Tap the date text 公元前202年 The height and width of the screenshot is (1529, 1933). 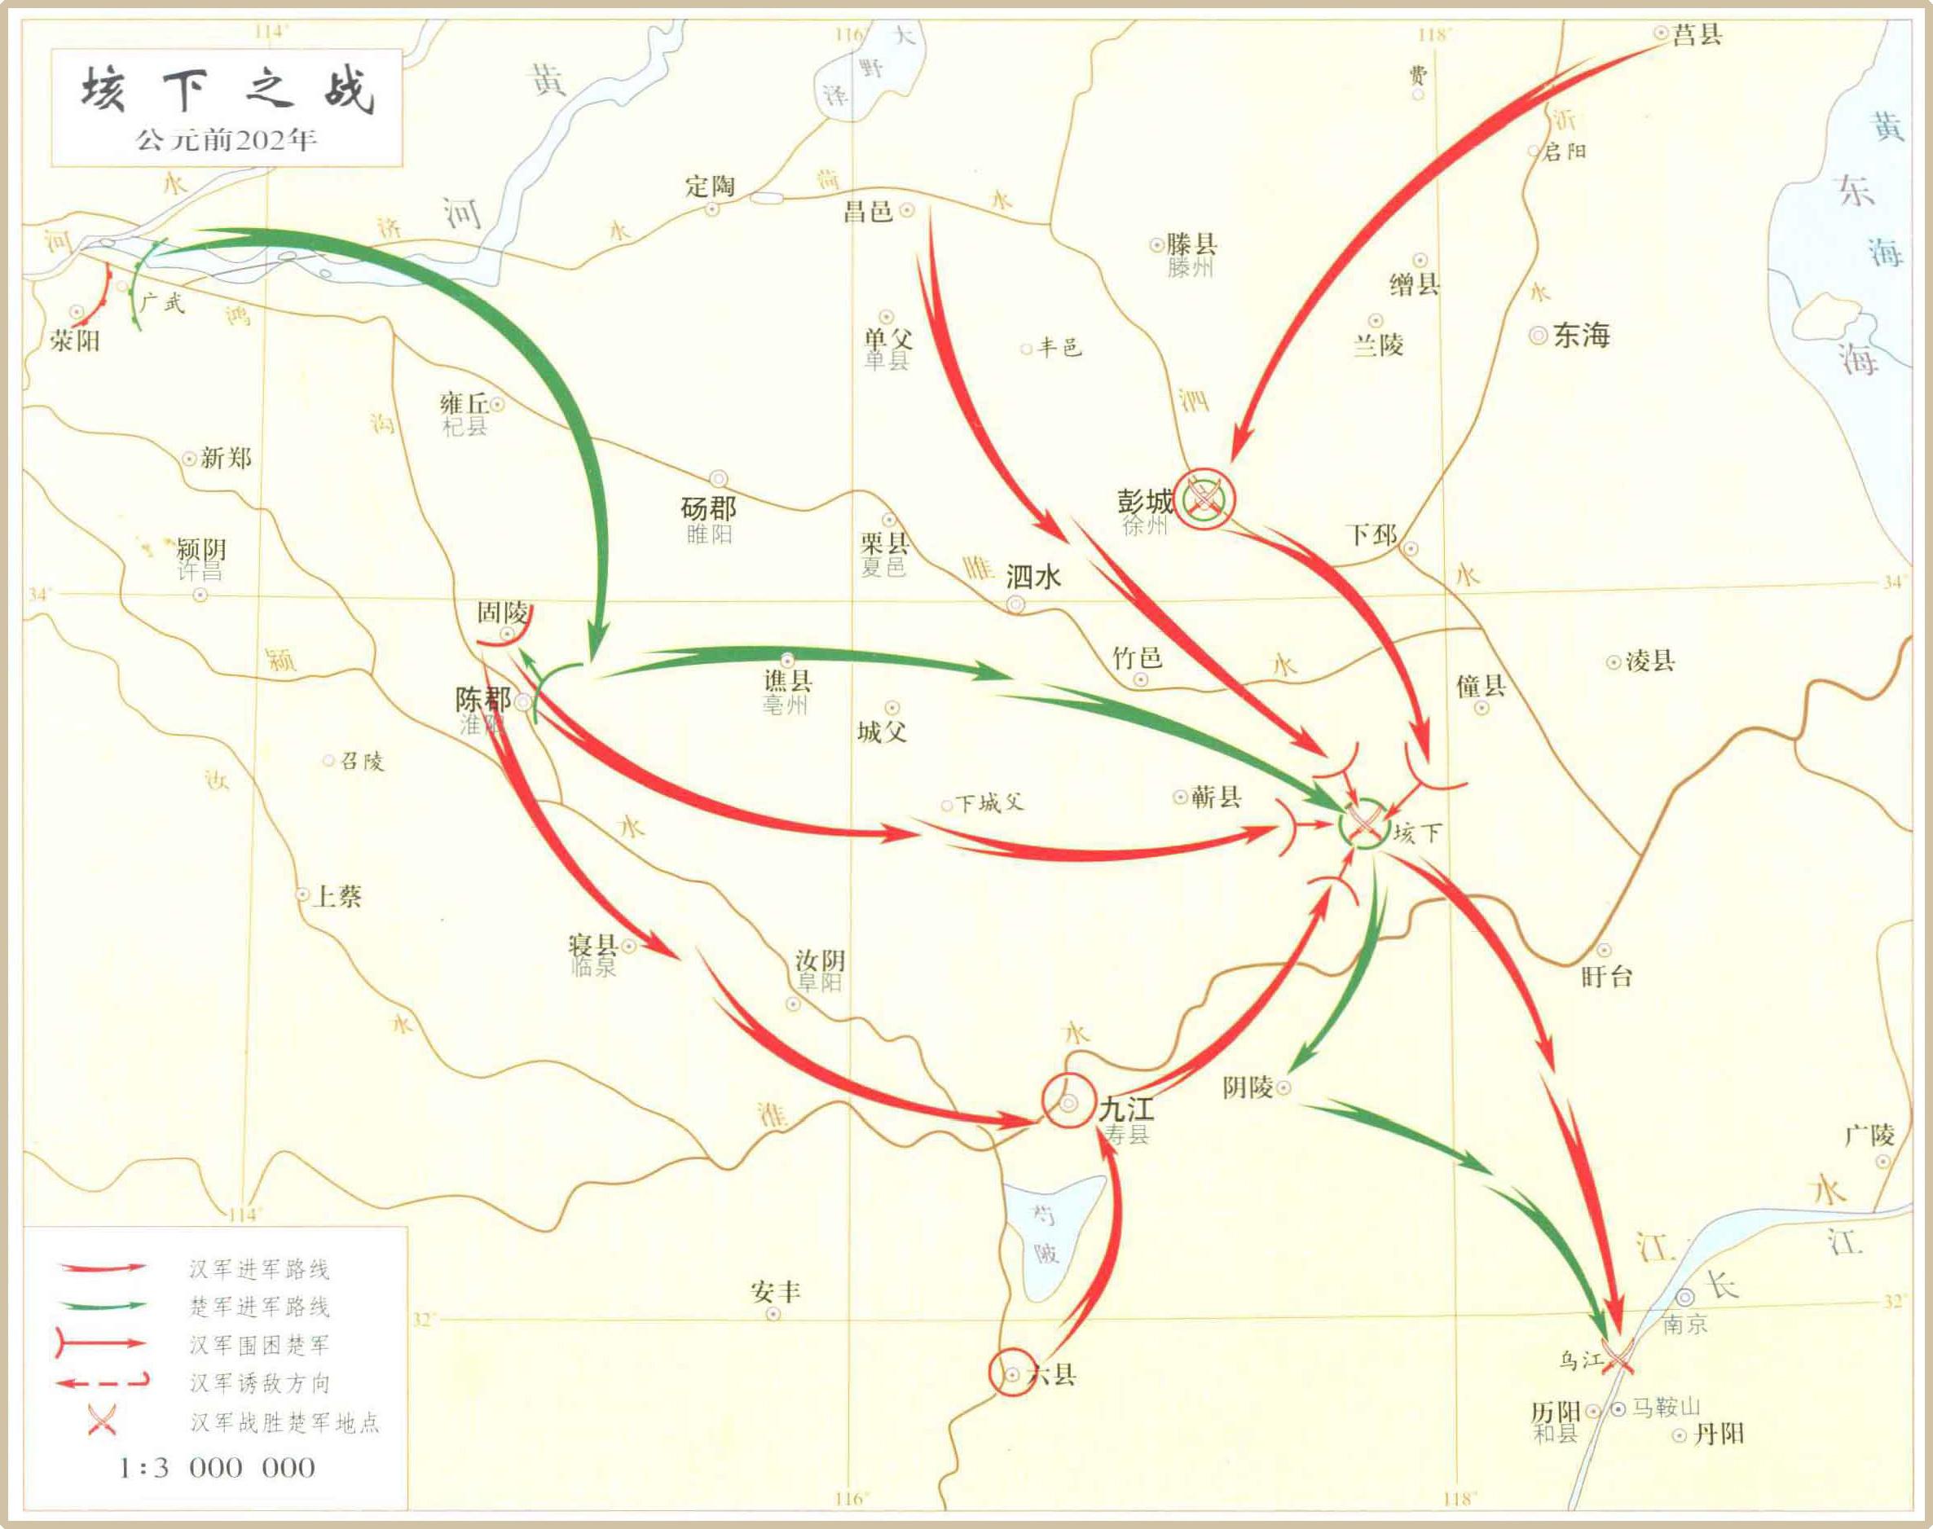227,141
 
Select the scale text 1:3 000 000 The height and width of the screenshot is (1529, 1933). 217,1468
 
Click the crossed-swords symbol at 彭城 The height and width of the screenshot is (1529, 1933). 1204,496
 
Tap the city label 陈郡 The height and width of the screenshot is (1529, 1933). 482,699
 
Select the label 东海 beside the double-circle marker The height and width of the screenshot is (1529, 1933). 1582,336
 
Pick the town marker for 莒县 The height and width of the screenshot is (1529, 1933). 1661,33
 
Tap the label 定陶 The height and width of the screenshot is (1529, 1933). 710,187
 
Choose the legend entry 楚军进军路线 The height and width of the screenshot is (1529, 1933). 260,1307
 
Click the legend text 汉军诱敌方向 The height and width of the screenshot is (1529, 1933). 260,1383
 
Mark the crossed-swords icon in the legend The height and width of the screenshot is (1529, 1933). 101,1421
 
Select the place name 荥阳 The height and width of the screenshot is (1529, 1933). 75,341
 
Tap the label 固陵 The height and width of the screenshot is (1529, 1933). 501,613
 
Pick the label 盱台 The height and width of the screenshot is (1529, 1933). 1607,977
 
